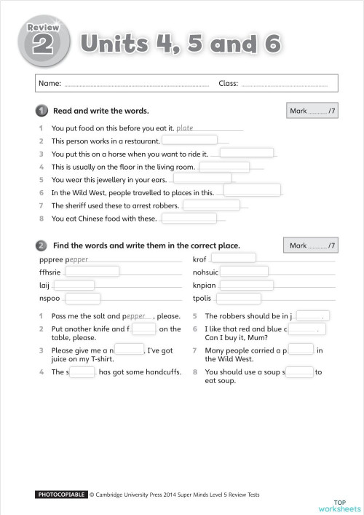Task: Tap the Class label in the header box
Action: (x=228, y=84)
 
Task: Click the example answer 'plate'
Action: (x=185, y=127)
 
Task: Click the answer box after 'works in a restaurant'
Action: (x=189, y=141)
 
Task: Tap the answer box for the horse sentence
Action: (x=246, y=154)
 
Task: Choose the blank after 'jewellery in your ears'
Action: (x=202, y=179)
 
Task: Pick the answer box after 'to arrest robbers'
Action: (x=211, y=205)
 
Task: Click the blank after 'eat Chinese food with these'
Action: (x=189, y=219)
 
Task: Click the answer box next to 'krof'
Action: (x=233, y=259)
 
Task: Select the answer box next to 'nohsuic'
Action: (x=244, y=272)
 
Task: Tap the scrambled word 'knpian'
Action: (x=203, y=285)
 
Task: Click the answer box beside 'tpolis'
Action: (x=238, y=299)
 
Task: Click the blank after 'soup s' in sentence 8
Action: (x=298, y=371)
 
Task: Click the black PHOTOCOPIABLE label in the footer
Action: (x=61, y=495)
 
